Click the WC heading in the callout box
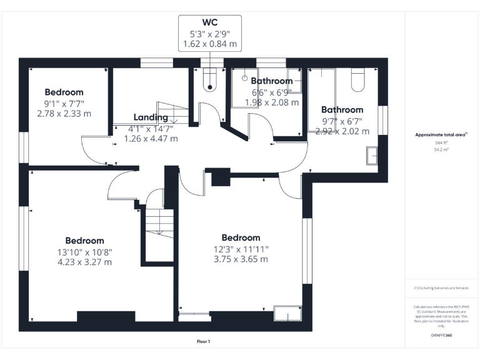point(210,22)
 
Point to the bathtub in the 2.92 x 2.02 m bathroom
point(322,100)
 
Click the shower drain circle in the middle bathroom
point(244,78)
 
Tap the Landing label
point(151,117)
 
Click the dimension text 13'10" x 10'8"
point(85,252)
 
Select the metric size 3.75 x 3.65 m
point(241,259)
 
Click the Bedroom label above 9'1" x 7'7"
point(64,92)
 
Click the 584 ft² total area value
point(441,143)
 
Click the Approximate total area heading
point(441,134)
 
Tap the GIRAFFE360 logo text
point(441,336)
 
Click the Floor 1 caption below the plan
point(203,342)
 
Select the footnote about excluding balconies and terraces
point(441,288)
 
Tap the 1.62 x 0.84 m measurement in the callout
point(210,44)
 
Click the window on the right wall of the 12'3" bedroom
point(307,250)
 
